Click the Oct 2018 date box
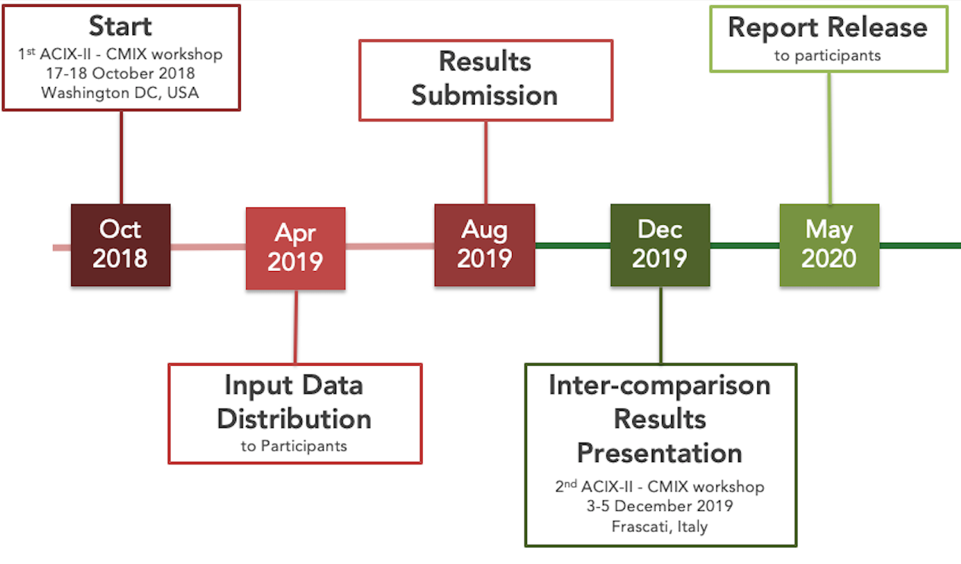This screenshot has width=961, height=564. (120, 245)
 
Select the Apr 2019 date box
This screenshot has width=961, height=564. (295, 248)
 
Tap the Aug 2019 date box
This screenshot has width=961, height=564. (485, 245)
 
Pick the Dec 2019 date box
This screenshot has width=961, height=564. (660, 245)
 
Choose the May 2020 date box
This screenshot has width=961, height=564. (829, 245)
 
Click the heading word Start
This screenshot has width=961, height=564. (120, 26)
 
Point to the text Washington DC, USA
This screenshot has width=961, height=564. (120, 92)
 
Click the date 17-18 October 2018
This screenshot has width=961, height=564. (120, 73)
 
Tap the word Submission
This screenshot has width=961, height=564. (485, 95)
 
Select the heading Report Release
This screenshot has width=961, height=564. (828, 27)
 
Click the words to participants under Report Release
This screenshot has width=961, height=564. (828, 56)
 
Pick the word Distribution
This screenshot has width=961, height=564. (295, 419)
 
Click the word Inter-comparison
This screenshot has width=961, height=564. (660, 385)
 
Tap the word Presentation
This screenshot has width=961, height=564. (660, 453)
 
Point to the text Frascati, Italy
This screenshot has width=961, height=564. (660, 526)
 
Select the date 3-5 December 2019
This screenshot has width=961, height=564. (660, 506)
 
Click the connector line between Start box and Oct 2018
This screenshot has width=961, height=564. (121, 157)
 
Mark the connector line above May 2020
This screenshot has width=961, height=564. (830, 138)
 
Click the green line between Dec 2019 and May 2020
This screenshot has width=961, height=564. (744, 246)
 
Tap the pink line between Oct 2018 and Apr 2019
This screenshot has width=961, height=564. (208, 247)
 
